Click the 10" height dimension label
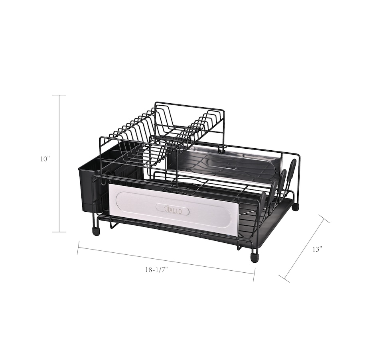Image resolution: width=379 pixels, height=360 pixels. pyautogui.click(x=45, y=159)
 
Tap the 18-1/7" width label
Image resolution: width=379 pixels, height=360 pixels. pyautogui.click(x=156, y=270)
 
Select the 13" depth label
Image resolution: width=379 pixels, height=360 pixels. pyautogui.click(x=318, y=249)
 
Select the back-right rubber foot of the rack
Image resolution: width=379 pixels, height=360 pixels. pyautogui.click(x=296, y=207)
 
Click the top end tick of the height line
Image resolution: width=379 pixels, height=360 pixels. pyautogui.click(x=59, y=95)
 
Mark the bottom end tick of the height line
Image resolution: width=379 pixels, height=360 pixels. pyautogui.click(x=59, y=232)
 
